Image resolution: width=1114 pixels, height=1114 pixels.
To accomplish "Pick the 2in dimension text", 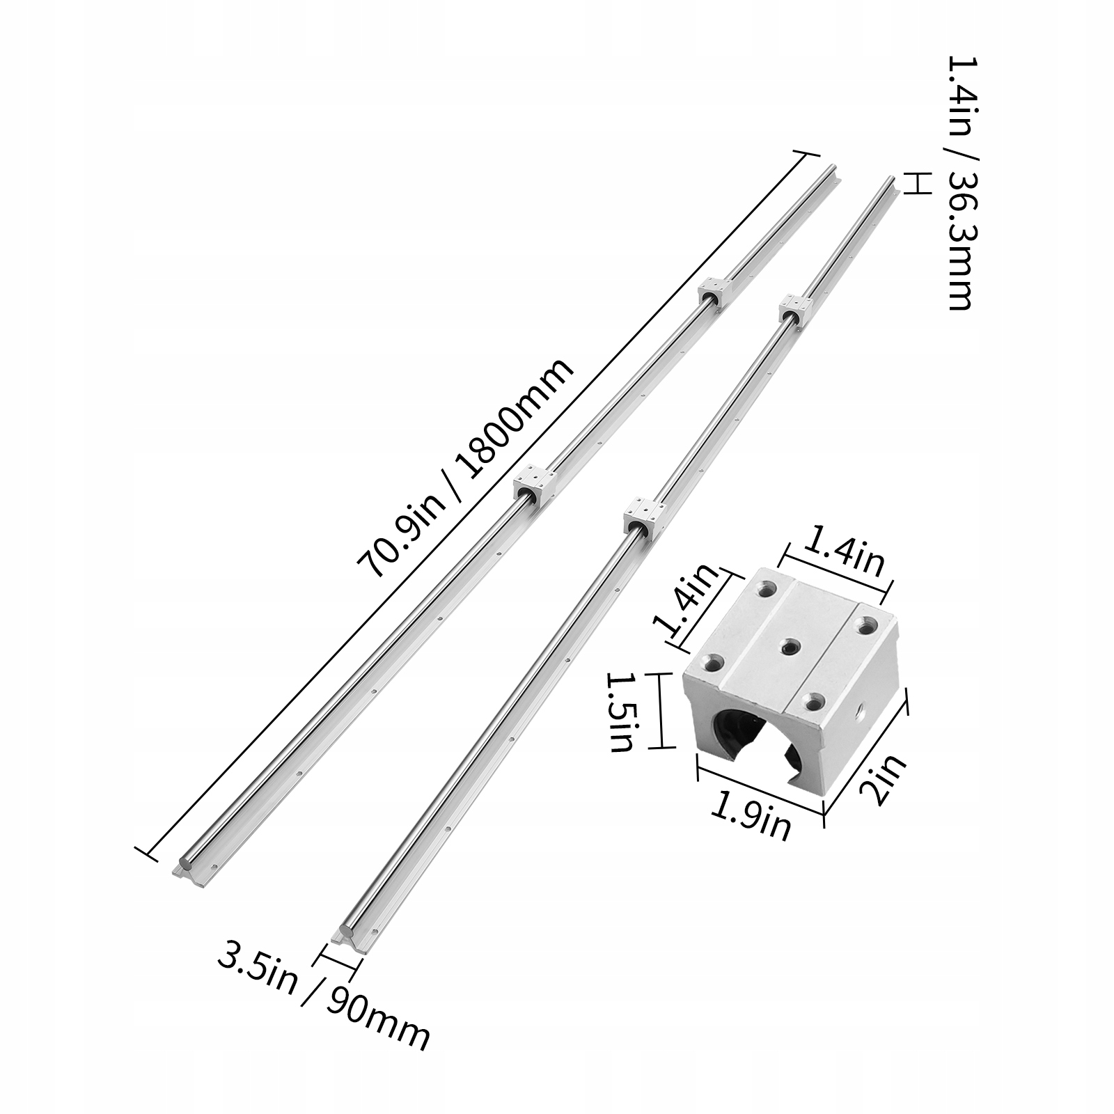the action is pyautogui.click(x=884, y=780).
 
